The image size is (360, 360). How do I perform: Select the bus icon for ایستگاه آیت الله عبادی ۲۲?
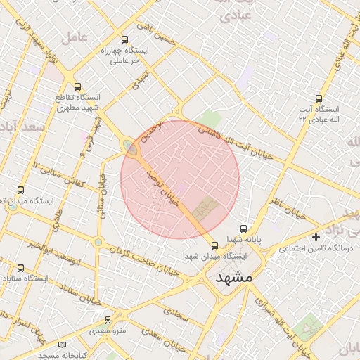pyautogui.click(x=319, y=99)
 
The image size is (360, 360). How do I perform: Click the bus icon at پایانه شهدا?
pyautogui.click(x=244, y=229)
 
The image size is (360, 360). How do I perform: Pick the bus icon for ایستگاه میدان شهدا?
pyautogui.click(x=214, y=245)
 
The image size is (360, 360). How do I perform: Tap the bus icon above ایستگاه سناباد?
pyautogui.click(x=20, y=268)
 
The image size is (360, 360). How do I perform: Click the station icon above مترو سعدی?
pyautogui.click(x=108, y=320)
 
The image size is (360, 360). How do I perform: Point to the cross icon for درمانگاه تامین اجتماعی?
pyautogui.click(x=316, y=238)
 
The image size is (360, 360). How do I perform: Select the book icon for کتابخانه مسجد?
pyautogui.click(x=63, y=345)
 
